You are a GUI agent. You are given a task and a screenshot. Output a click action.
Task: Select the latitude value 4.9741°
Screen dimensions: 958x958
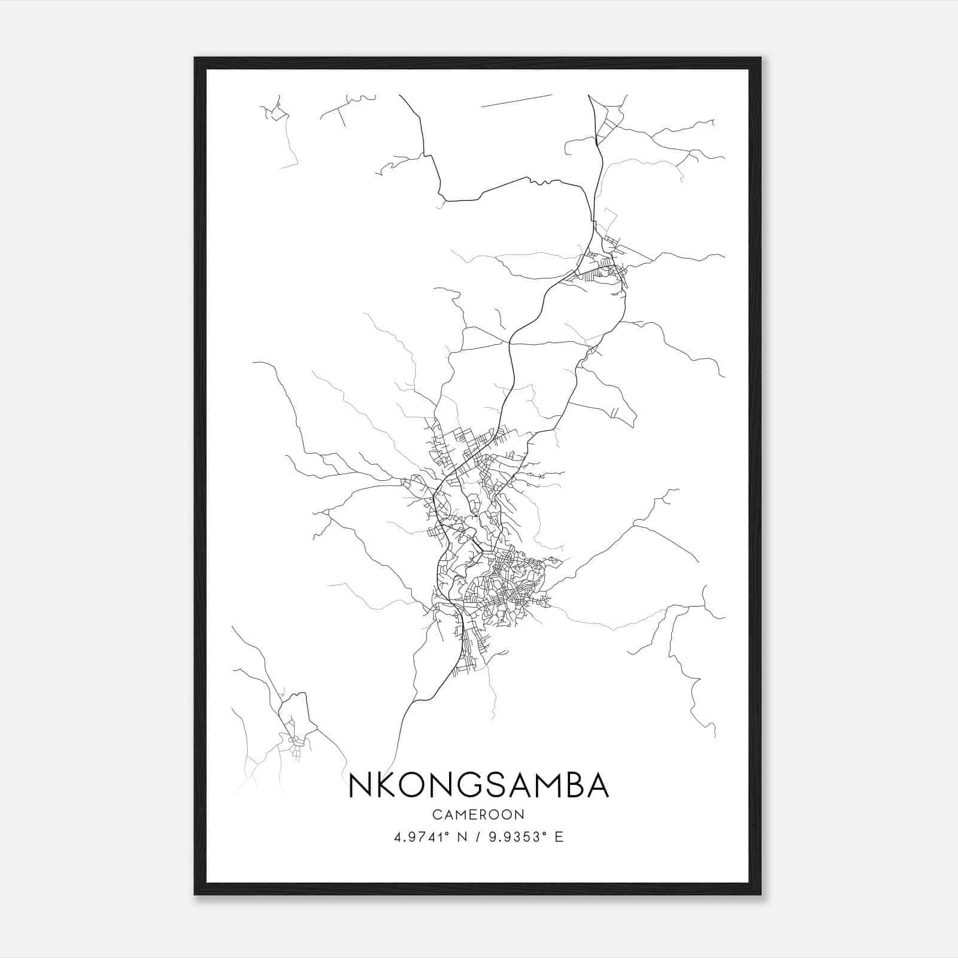coord(422,837)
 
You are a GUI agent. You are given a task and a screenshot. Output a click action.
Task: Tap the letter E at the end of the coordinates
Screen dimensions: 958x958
coord(559,837)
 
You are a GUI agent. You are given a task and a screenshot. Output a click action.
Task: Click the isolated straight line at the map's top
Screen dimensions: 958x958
coord(516,101)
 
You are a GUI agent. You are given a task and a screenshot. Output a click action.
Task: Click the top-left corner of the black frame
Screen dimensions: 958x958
coord(195,58)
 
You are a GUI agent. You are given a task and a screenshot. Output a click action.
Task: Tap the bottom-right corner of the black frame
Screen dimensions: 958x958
coord(760,894)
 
